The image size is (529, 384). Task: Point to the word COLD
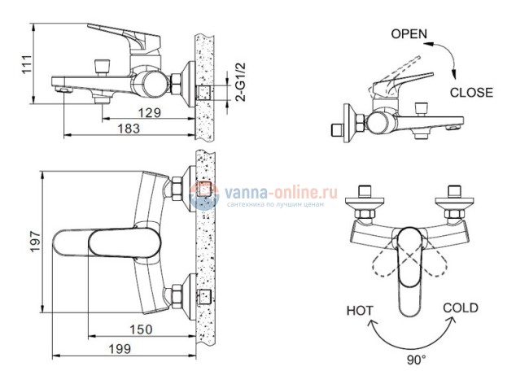click(460, 308)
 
